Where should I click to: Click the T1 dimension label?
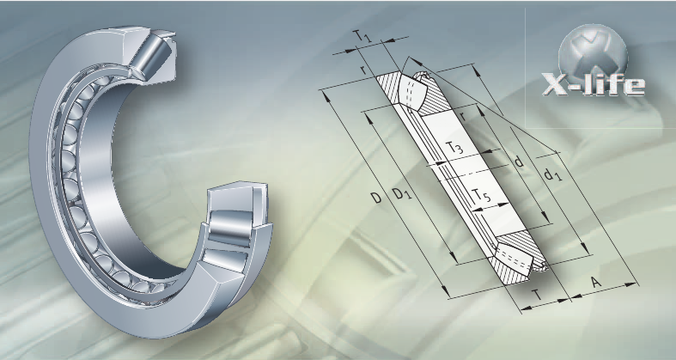pyautogui.click(x=362, y=37)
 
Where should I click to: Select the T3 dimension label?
pyautogui.click(x=454, y=148)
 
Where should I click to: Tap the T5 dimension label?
pyautogui.click(x=481, y=195)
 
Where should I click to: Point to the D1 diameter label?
pyautogui.click(x=402, y=194)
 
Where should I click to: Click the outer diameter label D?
pyautogui.click(x=376, y=198)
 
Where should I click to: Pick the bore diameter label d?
pyautogui.click(x=519, y=162)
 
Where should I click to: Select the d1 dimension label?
pyautogui.click(x=552, y=174)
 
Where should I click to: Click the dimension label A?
pyautogui.click(x=596, y=283)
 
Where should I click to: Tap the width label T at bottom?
pyautogui.click(x=536, y=295)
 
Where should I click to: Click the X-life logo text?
pyautogui.click(x=594, y=84)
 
